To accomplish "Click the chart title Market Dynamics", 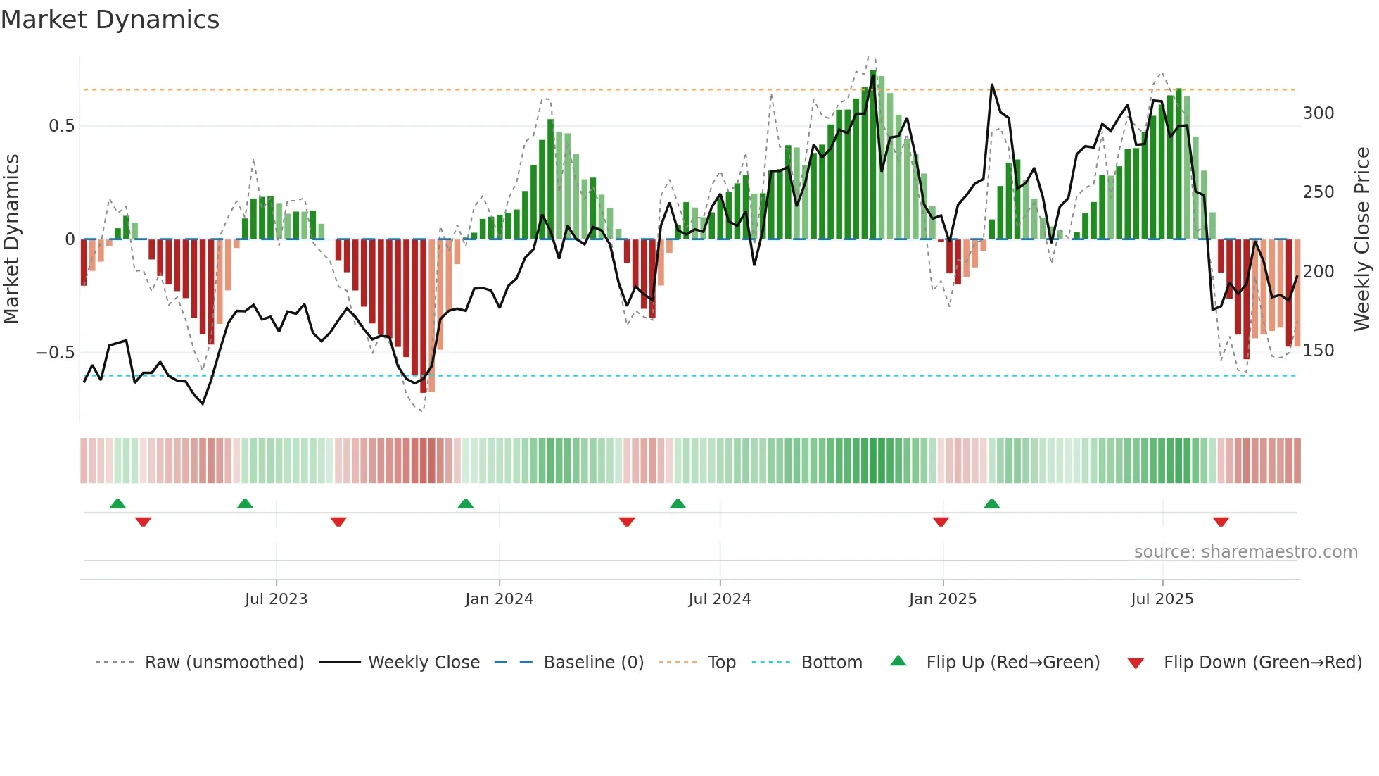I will [110, 20].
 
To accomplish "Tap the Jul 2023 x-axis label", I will [276, 599].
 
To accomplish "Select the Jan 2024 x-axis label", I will [499, 599].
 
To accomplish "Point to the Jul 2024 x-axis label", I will [719, 599].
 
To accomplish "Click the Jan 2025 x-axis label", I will [942, 599].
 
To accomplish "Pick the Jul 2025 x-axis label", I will [1162, 599].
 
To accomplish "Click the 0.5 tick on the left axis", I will [61, 126].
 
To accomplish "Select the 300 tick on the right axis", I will [1318, 113].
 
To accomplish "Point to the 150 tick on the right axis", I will [1318, 351].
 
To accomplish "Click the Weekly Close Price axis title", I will [1362, 239].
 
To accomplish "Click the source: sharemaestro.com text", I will [1245, 552].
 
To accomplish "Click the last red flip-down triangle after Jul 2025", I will [1221, 522].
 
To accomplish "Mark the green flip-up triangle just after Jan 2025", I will [991, 503].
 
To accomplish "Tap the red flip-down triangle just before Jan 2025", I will [941, 522].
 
